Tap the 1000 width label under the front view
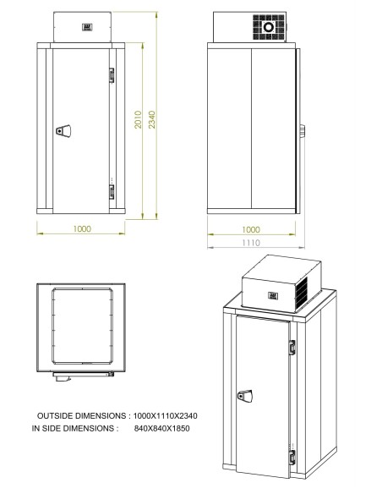tap(81, 228)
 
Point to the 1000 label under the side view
tap(252, 228)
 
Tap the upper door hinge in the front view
tap(110, 76)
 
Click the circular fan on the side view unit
tap(270, 28)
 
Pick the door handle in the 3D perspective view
tap(245, 395)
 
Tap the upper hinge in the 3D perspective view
tap(292, 346)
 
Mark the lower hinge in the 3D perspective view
tap(292, 458)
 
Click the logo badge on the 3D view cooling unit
tap(275, 295)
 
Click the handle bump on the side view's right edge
tap(302, 130)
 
